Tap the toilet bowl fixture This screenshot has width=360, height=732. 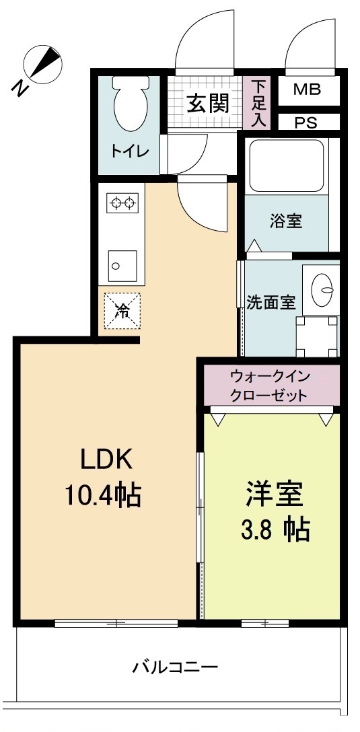(x=129, y=104)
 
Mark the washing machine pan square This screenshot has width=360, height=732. (x=316, y=336)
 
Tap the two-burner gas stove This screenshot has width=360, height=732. (x=122, y=202)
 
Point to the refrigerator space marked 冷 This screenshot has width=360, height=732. (x=122, y=311)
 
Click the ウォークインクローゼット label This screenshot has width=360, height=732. (x=269, y=386)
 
